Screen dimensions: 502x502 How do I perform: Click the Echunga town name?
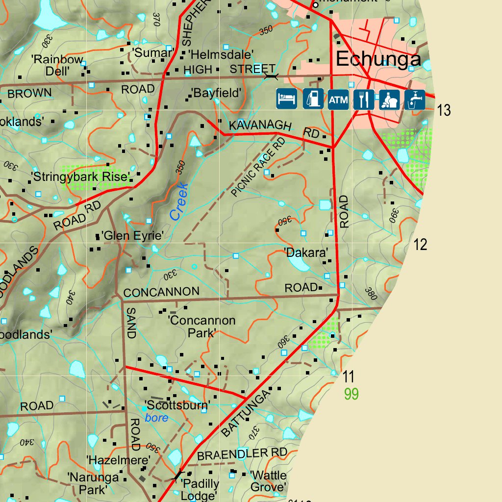click(x=378, y=59)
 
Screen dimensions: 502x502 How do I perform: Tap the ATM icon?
click(x=338, y=100)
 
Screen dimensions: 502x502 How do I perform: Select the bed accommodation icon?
click(x=287, y=100)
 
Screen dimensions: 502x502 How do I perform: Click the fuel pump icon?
click(x=312, y=100)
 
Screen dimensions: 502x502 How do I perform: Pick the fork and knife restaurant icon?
click(x=363, y=100)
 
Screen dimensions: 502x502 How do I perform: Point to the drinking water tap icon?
click(x=414, y=100)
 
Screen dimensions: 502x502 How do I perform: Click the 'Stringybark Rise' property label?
click(x=80, y=176)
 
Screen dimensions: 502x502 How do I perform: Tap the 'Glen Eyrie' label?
click(x=132, y=236)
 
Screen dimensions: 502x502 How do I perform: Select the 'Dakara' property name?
click(x=306, y=253)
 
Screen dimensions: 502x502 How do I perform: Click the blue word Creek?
click(x=179, y=201)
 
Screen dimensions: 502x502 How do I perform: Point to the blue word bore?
click(x=156, y=418)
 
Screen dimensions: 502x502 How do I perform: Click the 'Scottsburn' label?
click(x=177, y=405)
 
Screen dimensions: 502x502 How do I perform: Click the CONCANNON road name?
click(x=161, y=292)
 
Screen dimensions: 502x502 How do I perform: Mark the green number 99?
click(x=351, y=394)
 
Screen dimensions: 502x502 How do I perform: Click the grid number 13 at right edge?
click(x=444, y=111)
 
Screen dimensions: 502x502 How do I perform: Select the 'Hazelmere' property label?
click(x=118, y=460)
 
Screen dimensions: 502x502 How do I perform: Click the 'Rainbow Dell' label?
click(x=57, y=65)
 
